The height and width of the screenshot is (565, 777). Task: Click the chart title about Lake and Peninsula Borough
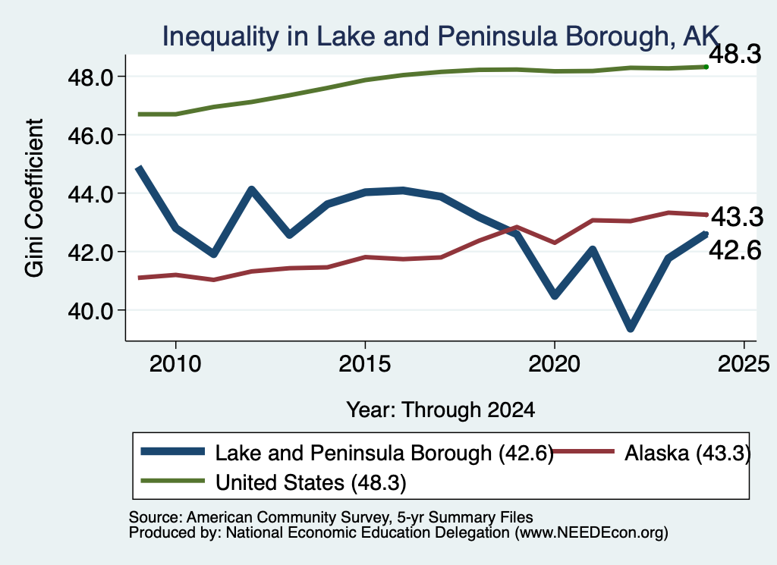(441, 36)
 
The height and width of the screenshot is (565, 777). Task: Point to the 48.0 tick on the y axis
(91, 77)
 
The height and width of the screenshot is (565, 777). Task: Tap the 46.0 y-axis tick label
(91, 135)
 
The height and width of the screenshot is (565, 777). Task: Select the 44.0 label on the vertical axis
(91, 193)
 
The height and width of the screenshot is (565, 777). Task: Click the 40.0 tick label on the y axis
(91, 310)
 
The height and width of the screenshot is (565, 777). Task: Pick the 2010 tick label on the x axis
(175, 365)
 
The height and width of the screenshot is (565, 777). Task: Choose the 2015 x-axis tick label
(365, 365)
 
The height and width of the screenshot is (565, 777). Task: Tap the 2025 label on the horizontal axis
(744, 365)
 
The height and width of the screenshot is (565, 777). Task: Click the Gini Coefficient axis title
(34, 198)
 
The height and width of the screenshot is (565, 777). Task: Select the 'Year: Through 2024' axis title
(441, 410)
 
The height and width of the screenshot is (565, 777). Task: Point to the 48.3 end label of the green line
(735, 54)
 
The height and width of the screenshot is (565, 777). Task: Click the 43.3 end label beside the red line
(737, 217)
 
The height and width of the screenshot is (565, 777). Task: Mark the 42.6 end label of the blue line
(735, 250)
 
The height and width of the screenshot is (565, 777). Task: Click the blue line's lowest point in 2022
(631, 328)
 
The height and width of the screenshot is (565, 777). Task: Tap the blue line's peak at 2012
(252, 190)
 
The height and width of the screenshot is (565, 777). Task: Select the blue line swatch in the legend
(172, 451)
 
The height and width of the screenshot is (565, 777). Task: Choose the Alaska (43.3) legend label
(687, 453)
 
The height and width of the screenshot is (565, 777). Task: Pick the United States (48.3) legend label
(310, 482)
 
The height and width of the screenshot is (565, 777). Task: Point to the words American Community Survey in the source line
(288, 517)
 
